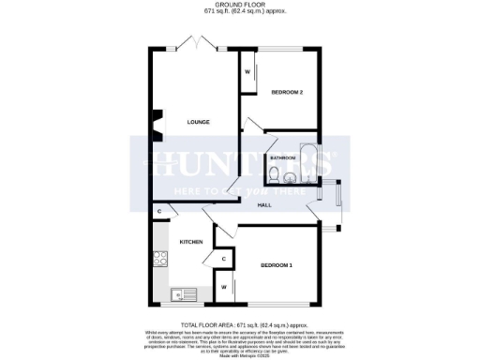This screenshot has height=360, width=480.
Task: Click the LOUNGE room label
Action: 198,122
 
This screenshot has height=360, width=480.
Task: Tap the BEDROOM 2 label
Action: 287,92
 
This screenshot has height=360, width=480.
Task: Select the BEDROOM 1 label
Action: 277,265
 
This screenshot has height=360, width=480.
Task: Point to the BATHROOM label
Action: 284,158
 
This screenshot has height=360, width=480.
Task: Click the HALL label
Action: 265,205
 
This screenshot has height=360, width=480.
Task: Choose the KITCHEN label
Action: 191,242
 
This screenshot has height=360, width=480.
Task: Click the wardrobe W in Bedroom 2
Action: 248,72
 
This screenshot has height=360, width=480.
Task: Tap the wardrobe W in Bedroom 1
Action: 224,286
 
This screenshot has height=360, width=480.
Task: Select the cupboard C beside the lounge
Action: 160,211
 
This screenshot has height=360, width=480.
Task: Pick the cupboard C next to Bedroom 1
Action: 224,259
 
